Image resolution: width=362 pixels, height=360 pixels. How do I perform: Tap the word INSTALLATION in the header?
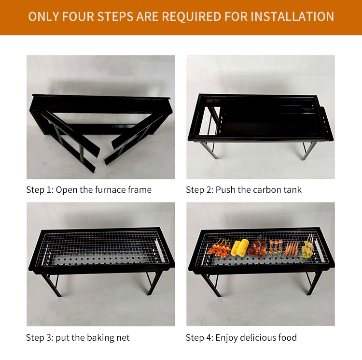(x=293, y=16)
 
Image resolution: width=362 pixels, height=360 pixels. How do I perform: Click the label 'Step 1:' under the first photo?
(x=40, y=190)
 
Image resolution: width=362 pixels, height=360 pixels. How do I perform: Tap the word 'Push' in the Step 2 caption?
(x=226, y=190)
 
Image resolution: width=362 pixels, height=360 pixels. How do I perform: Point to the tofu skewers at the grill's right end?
(x=307, y=247)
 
